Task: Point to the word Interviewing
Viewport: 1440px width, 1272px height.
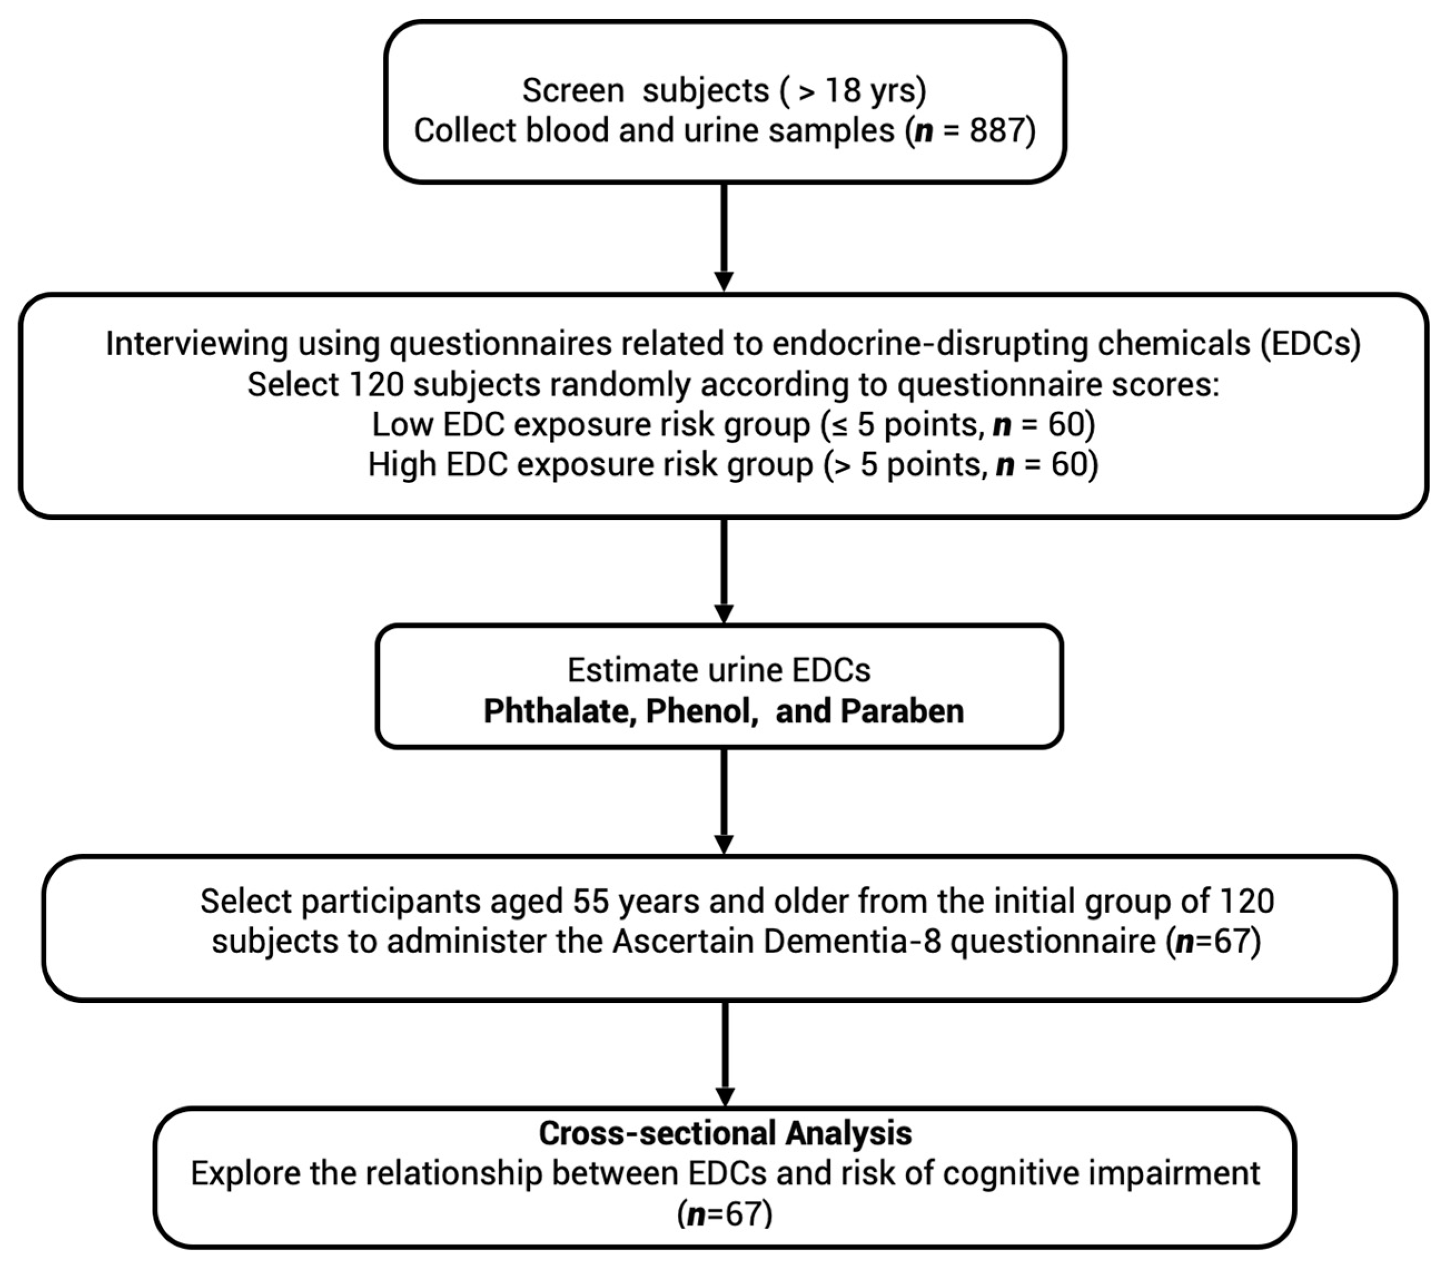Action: (x=197, y=344)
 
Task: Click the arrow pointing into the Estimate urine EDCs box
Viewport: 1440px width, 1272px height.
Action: (x=723, y=570)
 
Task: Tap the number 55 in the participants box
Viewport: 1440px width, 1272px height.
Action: (x=591, y=902)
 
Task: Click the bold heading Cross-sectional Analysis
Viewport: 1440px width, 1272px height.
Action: (x=725, y=1133)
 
